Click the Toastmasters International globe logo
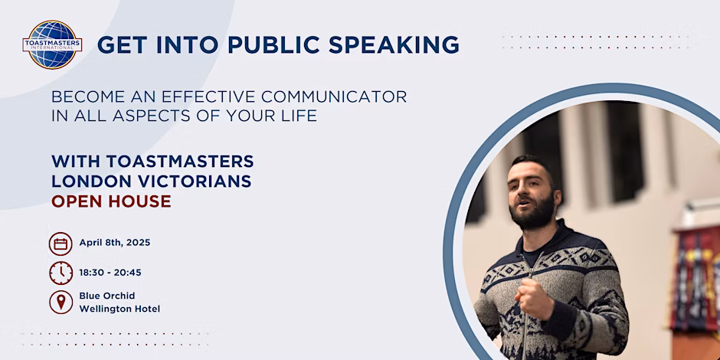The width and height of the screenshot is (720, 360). tap(52, 44)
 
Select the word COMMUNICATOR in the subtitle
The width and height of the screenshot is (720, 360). tap(334, 97)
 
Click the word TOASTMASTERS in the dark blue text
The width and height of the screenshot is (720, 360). tap(180, 161)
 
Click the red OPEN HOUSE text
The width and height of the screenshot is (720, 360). tap(111, 201)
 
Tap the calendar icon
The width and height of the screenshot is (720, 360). tap(61, 244)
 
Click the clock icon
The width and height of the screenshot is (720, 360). tap(61, 273)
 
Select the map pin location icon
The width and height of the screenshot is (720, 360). tap(61, 302)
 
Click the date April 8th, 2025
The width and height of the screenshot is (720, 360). tap(115, 243)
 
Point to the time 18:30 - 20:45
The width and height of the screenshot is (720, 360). tap(110, 273)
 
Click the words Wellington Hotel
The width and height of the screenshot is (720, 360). tap(119, 309)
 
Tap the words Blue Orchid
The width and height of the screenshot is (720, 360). tap(107, 296)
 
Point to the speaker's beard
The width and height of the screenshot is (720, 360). tap(534, 213)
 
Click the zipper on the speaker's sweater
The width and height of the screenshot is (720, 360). tap(528, 303)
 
